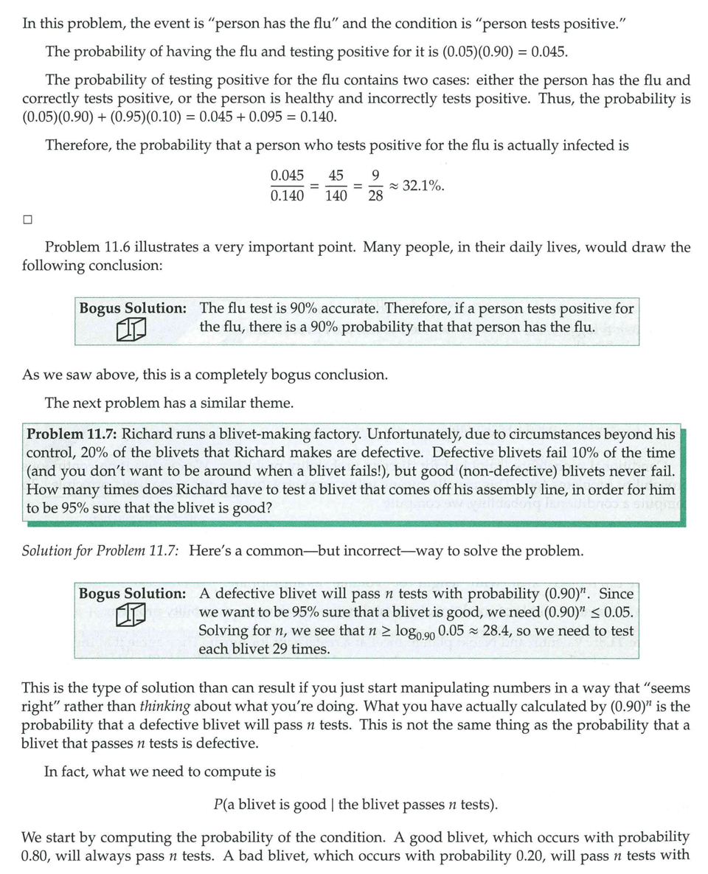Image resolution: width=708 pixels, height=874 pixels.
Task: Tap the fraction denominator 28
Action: pos(375,196)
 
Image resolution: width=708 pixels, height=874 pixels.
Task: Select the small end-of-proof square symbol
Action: pos(27,219)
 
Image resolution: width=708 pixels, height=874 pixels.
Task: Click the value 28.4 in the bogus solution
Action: pos(499,631)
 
